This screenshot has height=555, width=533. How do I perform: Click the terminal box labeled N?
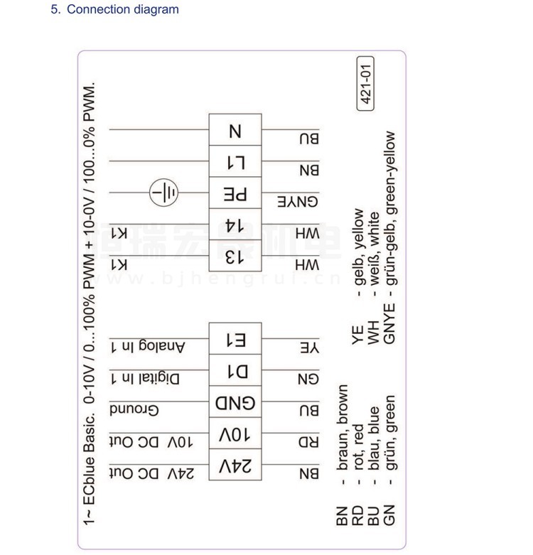coord(235,131)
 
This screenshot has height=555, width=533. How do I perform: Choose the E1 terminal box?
coord(235,339)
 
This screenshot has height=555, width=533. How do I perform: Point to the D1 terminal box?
coord(235,371)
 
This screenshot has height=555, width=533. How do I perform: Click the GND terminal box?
coord(235,403)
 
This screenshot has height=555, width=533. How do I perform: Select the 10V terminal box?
coord(235,434)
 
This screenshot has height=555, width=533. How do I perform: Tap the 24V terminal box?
coord(235,465)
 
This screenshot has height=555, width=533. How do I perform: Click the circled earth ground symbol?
coord(164,193)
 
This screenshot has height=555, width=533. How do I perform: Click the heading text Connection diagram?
coord(123,10)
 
